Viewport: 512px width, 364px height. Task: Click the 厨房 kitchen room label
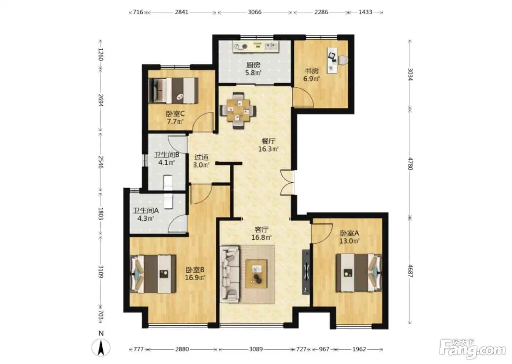pos(253,65)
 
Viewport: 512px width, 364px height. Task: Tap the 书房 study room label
pos(312,71)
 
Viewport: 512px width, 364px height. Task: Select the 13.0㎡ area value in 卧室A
pos(349,241)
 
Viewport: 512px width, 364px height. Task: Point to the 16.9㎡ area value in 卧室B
pos(195,278)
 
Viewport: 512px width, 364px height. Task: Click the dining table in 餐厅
pos(238,111)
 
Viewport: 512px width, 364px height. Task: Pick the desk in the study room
pos(332,60)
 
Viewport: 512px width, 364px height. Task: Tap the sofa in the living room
pos(230,274)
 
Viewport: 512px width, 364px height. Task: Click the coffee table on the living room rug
pos(256,274)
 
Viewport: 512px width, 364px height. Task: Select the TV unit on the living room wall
pos(306,272)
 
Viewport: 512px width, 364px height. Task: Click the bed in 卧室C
pos(173,91)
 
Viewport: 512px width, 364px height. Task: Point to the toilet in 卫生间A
pos(169,201)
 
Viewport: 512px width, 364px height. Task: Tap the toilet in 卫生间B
pos(167,183)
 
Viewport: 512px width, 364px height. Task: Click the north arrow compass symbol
pos(101,348)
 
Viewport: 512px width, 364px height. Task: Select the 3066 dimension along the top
pos(255,12)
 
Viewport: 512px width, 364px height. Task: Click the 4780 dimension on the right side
pos(410,163)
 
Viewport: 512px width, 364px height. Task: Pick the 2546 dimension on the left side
pos(101,162)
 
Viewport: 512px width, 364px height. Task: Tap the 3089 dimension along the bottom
pos(256,349)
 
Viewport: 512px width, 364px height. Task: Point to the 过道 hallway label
pos(202,158)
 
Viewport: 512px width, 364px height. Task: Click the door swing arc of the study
pos(306,95)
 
